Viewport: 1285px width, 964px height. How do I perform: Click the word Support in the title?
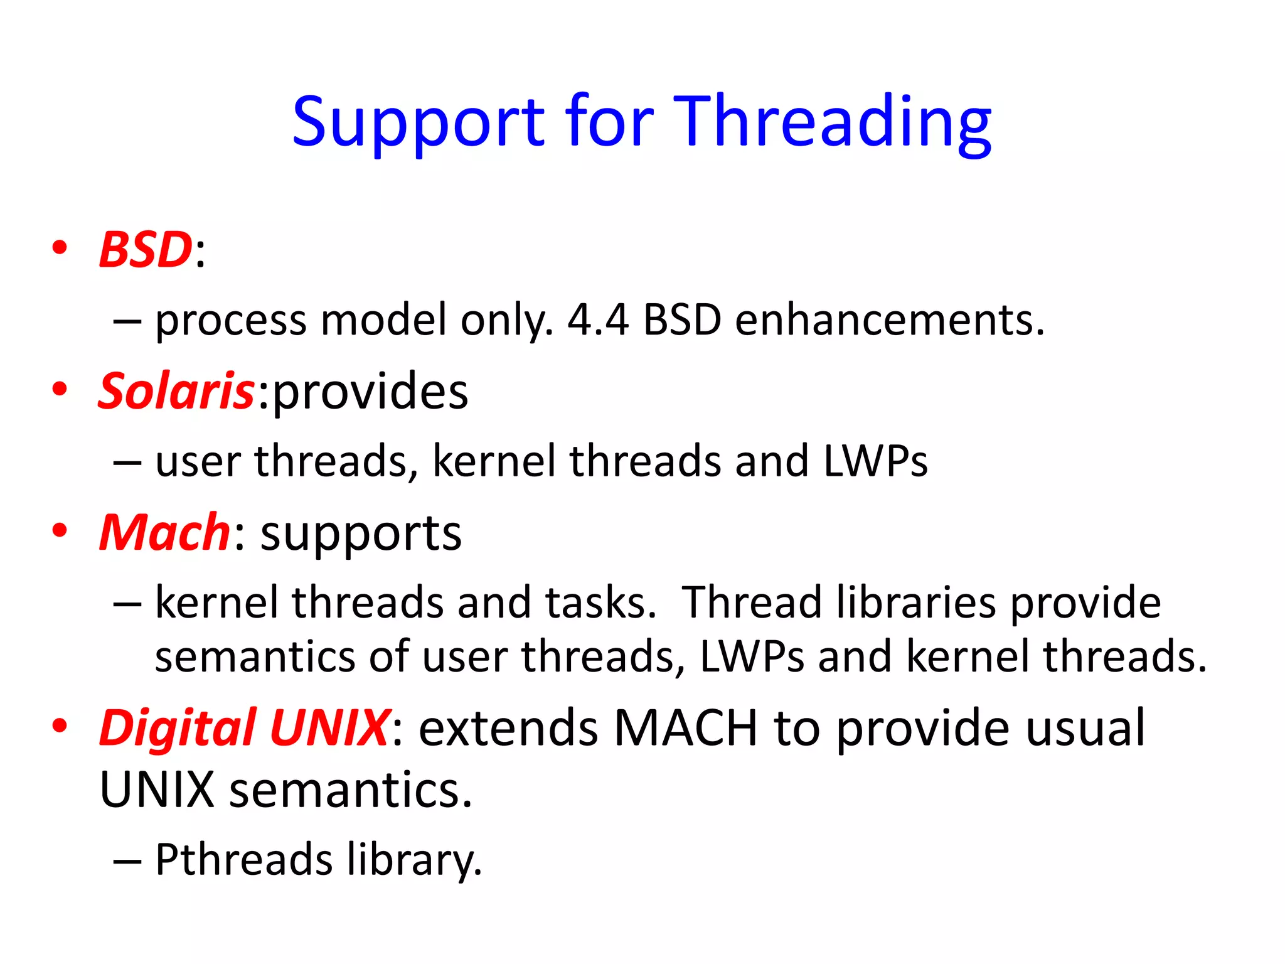(419, 122)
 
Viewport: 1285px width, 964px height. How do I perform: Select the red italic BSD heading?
(146, 250)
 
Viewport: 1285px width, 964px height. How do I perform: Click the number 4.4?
(598, 320)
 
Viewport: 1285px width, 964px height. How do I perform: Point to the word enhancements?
(889, 320)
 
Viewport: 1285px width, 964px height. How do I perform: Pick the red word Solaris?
(176, 392)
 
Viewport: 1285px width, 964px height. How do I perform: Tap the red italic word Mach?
(165, 533)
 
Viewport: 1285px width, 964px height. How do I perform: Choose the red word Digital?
(178, 728)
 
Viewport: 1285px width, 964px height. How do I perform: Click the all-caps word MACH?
(685, 728)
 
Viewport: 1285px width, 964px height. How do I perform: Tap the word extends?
(508, 728)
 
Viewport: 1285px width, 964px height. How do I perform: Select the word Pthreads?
(243, 859)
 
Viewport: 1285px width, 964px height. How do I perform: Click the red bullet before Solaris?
(60, 389)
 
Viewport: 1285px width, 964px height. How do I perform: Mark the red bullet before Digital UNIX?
(60, 726)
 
